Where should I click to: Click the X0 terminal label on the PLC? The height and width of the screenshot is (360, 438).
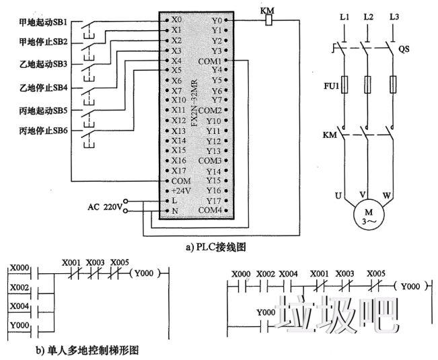[176, 20]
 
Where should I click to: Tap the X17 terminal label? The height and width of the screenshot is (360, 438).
[178, 170]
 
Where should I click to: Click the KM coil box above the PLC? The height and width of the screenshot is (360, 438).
[268, 20]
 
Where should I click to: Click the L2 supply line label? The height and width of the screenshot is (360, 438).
[367, 15]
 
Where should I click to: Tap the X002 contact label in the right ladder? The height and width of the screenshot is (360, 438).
[266, 275]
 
